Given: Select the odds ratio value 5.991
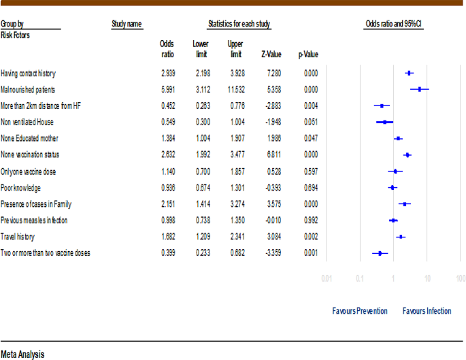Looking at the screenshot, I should pos(168,89).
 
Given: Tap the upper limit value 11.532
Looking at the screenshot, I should pos(235,89).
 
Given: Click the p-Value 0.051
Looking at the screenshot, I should pos(310,122).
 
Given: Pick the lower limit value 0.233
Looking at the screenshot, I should pos(202,253).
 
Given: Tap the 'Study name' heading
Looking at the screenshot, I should pos(127,24).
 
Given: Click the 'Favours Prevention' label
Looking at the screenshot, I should pos(360,311).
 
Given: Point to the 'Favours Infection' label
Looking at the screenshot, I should pos(427,311).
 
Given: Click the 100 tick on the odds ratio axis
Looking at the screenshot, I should pos(461,278).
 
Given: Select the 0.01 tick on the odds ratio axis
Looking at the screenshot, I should pos(327,278).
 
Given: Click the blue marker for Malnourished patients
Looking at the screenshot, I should pos(419,89).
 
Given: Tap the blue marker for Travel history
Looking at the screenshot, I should pos(401,237).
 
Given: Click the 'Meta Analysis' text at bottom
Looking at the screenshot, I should pos(22,354).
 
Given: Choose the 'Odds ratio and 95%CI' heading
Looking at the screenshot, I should pos(394,24).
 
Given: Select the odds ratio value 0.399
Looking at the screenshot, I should pos(168,253).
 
